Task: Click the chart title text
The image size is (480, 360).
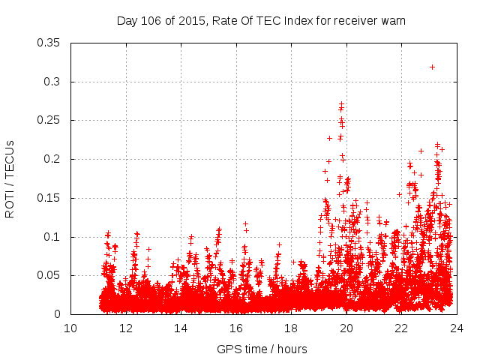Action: (x=261, y=20)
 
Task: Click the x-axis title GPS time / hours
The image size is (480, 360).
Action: (x=262, y=349)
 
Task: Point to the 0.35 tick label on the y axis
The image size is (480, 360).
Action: (x=49, y=43)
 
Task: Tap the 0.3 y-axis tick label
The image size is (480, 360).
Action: (x=52, y=82)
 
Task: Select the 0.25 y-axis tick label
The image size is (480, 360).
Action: (x=49, y=121)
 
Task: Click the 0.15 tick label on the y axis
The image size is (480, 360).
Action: (x=49, y=198)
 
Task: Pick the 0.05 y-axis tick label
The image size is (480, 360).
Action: (x=49, y=276)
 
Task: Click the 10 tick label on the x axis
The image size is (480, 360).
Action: (x=70, y=328)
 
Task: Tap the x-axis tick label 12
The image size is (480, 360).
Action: (x=126, y=328)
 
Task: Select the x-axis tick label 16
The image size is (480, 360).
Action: (x=236, y=328)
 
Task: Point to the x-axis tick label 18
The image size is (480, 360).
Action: (x=291, y=328)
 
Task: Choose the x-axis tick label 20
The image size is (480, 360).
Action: (x=346, y=328)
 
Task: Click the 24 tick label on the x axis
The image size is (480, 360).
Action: (x=457, y=328)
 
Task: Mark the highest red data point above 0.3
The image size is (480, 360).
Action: (x=433, y=67)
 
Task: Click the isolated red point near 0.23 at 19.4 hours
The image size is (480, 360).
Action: (x=329, y=138)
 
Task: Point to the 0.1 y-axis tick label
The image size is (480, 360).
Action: (x=52, y=237)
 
